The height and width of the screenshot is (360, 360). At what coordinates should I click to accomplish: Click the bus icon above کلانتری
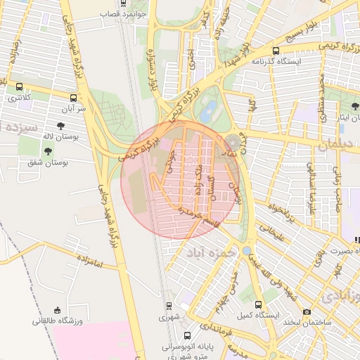[x=19, y=86]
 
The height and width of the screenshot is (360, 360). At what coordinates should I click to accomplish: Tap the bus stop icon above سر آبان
[x=73, y=98]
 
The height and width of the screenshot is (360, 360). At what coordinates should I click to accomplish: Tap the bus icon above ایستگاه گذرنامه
[x=276, y=51]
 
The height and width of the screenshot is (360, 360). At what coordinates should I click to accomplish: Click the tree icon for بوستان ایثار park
[x=354, y=106]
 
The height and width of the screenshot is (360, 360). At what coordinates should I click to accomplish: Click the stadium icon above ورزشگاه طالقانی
[x=58, y=310]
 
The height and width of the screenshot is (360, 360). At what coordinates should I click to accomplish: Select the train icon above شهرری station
[x=169, y=306]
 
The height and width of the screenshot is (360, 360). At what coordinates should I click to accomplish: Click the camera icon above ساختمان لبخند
[x=306, y=311]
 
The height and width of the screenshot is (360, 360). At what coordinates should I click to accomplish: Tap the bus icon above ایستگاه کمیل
[x=258, y=304]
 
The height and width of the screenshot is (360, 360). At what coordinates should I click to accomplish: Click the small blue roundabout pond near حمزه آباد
[x=247, y=250]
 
